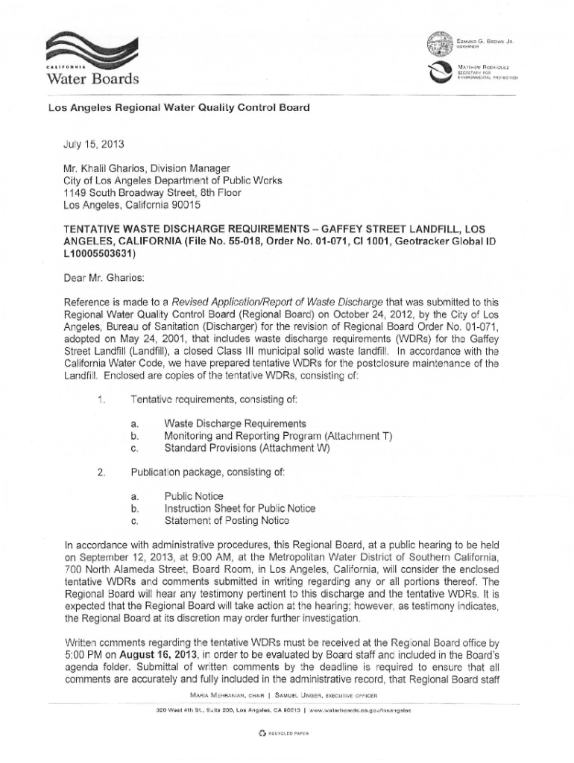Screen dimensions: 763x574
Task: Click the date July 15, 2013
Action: [88, 138]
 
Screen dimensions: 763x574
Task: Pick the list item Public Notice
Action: [194, 496]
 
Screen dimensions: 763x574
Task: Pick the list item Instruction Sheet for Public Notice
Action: [239, 508]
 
